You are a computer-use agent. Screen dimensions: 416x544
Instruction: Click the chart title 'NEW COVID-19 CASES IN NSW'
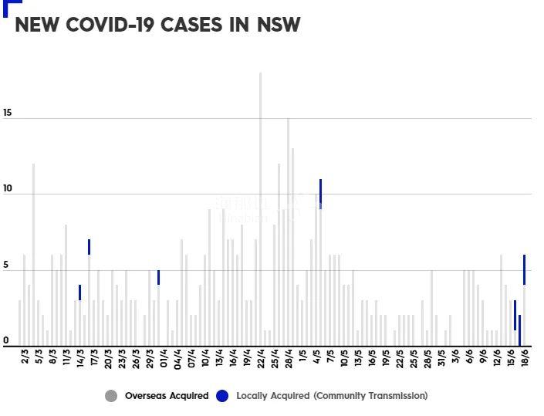157,25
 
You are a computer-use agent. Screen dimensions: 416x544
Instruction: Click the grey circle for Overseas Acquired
112,396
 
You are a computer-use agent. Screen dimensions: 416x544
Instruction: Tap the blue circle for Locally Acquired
222,396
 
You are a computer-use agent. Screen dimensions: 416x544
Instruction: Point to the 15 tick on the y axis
8,113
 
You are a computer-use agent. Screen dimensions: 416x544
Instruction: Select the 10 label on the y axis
8,189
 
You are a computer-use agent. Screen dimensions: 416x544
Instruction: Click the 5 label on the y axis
6,265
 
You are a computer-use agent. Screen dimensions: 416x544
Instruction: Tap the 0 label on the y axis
6,340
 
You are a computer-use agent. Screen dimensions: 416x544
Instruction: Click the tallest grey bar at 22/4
260,208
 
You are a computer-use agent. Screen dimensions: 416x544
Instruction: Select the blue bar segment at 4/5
320,191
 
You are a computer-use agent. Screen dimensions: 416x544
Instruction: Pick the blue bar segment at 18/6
524,270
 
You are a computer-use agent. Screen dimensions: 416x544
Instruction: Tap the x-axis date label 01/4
163,360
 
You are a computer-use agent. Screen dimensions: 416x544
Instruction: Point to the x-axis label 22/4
261,360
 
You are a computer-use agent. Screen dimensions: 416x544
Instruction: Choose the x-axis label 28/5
427,360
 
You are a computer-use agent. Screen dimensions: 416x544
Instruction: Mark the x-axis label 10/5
343,360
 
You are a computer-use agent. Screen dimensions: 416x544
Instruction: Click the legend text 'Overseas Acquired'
167,396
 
